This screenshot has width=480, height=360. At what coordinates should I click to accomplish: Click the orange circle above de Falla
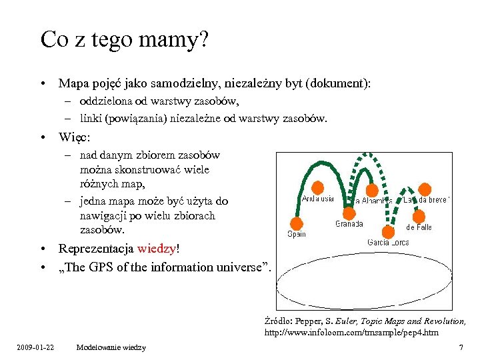[419, 216]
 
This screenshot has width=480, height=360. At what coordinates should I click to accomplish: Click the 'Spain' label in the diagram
[297, 234]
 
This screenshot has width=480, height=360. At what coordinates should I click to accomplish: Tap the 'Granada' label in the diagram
[349, 224]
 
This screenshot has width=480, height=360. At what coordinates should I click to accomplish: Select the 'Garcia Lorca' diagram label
[388, 242]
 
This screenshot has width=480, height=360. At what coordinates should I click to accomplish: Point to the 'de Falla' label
[419, 227]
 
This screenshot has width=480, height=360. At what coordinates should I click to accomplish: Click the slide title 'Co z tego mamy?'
[125, 39]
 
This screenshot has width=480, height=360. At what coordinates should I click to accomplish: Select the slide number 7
[461, 347]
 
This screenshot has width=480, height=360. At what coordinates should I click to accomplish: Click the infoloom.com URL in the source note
[351, 331]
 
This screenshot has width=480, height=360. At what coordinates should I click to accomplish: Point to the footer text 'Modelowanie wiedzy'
[111, 347]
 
